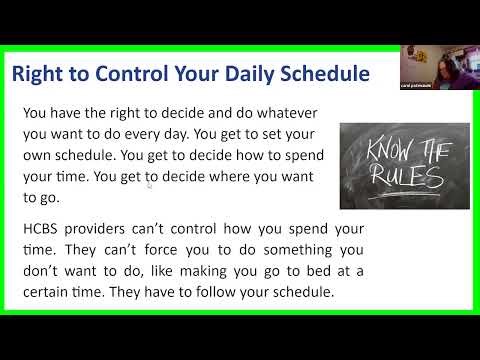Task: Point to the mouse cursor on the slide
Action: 150,183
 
